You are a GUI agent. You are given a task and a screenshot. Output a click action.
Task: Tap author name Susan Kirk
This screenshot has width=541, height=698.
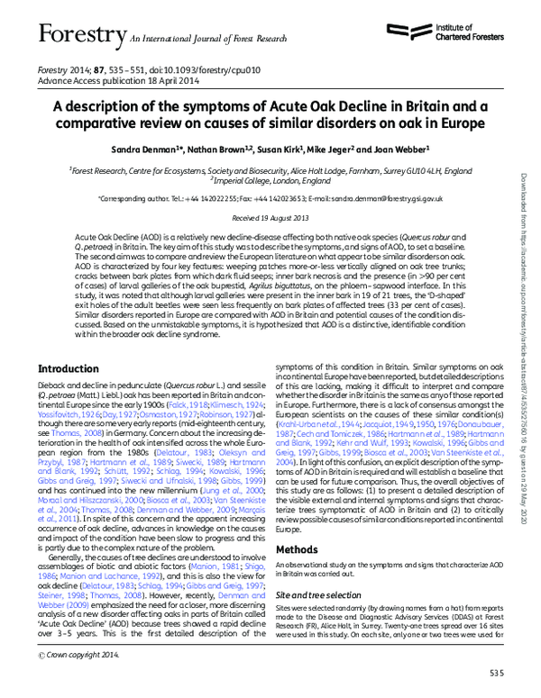pyautogui.click(x=282, y=147)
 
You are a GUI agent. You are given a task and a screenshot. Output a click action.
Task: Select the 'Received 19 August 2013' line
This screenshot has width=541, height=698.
pyautogui.click(x=271, y=217)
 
